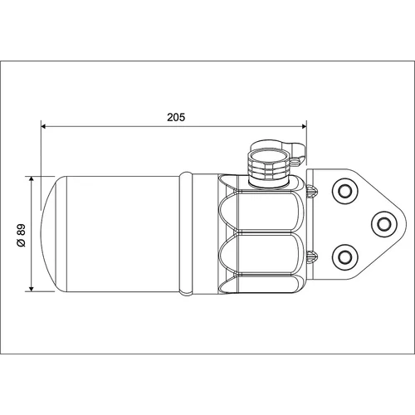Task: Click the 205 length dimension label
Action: (x=176, y=117)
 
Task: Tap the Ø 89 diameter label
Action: (x=21, y=235)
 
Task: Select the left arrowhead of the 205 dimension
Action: (x=43, y=126)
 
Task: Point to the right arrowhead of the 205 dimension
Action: (x=305, y=126)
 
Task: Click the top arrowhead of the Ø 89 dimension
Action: (x=32, y=178)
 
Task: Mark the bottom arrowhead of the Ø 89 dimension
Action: (x=32, y=289)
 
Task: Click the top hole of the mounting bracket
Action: (x=345, y=191)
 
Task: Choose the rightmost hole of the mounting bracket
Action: (x=384, y=224)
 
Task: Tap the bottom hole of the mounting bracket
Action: (x=345, y=257)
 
